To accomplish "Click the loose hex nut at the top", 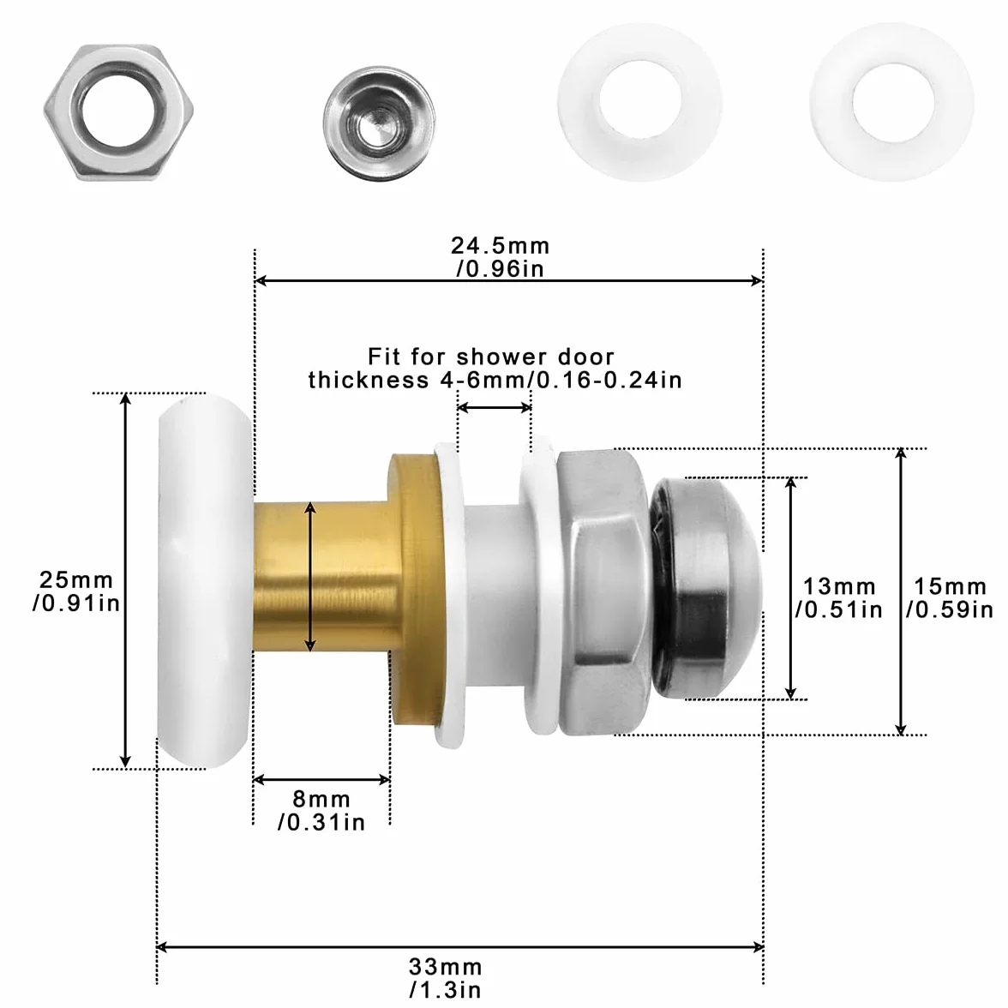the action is (x=118, y=112).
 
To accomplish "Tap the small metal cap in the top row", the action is (x=379, y=123).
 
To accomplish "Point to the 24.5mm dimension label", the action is (x=500, y=256).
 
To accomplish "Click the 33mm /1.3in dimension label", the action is (x=445, y=977).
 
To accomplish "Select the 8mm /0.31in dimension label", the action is (x=321, y=811).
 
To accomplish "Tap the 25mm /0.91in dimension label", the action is (x=75, y=591).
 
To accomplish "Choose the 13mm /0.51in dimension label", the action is (x=839, y=598).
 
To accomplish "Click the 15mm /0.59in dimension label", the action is (x=950, y=598).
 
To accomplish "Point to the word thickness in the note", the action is (x=369, y=379).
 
